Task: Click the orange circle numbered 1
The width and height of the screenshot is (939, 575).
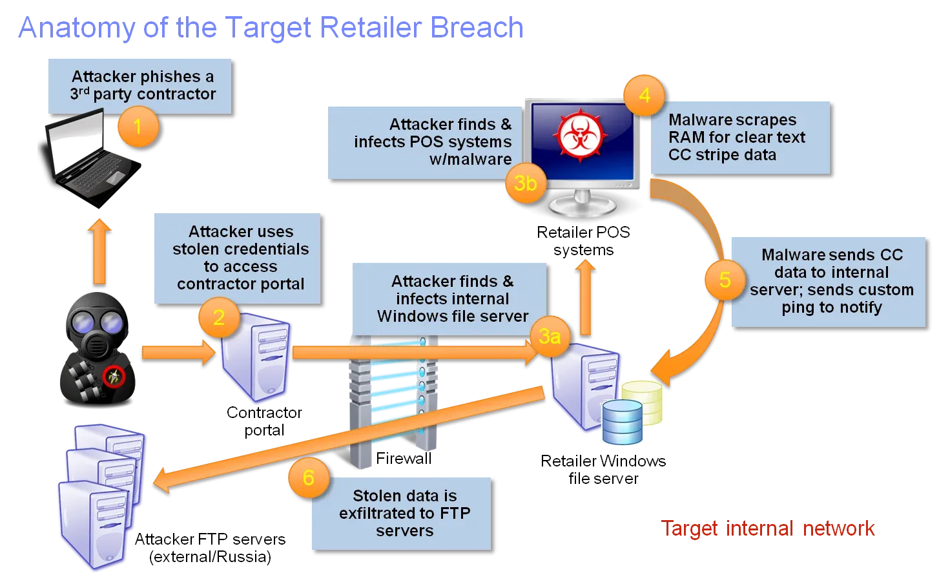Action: pyautogui.click(x=138, y=127)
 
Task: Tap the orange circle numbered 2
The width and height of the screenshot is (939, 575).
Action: pyautogui.click(x=218, y=317)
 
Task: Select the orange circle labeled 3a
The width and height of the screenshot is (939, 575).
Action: pyautogui.click(x=549, y=336)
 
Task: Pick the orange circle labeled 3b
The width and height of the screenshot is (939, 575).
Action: pyautogui.click(x=525, y=183)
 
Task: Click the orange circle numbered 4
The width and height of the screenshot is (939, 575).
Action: pyautogui.click(x=644, y=96)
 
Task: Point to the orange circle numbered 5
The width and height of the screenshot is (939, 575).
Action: pyautogui.click(x=725, y=280)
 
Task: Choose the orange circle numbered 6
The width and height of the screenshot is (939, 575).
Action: pyautogui.click(x=308, y=477)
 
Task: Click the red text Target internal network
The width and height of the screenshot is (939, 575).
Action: pyautogui.click(x=769, y=528)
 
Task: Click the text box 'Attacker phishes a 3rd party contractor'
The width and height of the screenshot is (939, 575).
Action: pyautogui.click(x=141, y=86)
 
